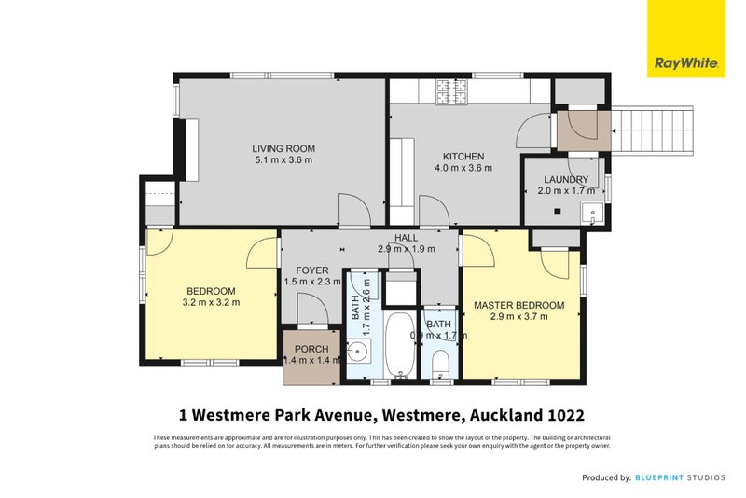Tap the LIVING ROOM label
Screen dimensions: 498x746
coord(283,148)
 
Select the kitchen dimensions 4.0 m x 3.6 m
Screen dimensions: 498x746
coord(463,168)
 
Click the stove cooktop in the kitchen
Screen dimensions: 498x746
coord(452,90)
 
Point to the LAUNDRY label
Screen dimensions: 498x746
coord(563,179)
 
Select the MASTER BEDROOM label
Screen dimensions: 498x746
coord(518,305)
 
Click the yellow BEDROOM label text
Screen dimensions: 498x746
coord(210,291)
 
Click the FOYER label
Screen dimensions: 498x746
coord(312,270)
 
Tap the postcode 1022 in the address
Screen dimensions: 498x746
coord(565,414)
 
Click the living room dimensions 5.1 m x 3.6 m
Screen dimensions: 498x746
coord(283,160)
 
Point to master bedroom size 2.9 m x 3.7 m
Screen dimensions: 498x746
coord(518,317)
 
